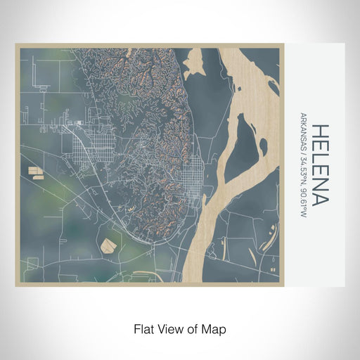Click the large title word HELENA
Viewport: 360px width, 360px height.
[320, 165]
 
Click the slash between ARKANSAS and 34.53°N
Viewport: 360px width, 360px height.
[304, 155]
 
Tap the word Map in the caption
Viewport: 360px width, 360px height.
[215, 328]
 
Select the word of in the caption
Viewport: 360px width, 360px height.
[193, 328]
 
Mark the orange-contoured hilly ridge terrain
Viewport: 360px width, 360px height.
[141, 91]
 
